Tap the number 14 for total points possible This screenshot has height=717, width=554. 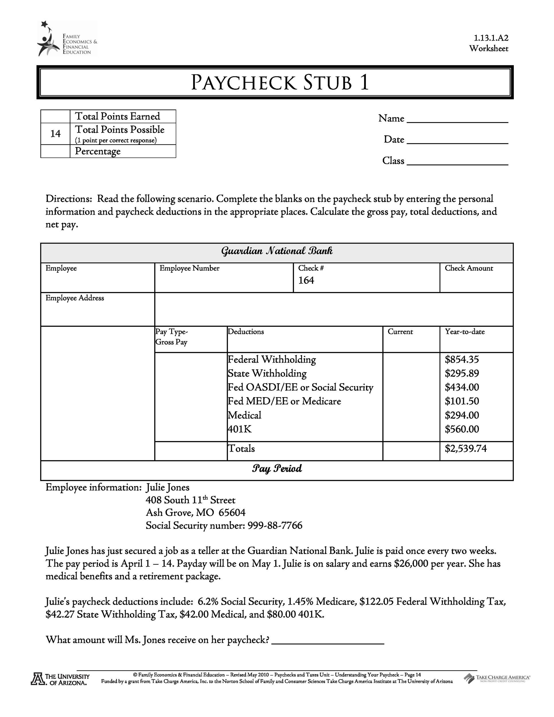pyautogui.click(x=55, y=134)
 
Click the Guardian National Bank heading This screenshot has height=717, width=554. pyautogui.click(x=277, y=252)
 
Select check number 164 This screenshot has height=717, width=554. pyautogui.click(x=306, y=280)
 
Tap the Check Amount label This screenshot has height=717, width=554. pyautogui.click(x=469, y=268)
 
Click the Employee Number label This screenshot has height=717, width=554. pyautogui.click(x=189, y=268)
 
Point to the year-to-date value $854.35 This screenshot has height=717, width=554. pyautogui.click(x=462, y=359)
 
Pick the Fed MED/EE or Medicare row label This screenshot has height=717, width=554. pyautogui.click(x=284, y=401)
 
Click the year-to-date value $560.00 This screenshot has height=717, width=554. pyautogui.click(x=462, y=429)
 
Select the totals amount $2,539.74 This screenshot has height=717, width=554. pyautogui.click(x=466, y=449)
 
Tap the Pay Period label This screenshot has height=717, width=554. pyautogui.click(x=277, y=468)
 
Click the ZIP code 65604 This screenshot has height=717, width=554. pyautogui.click(x=232, y=513)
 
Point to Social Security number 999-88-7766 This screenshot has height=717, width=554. pyautogui.click(x=275, y=526)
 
